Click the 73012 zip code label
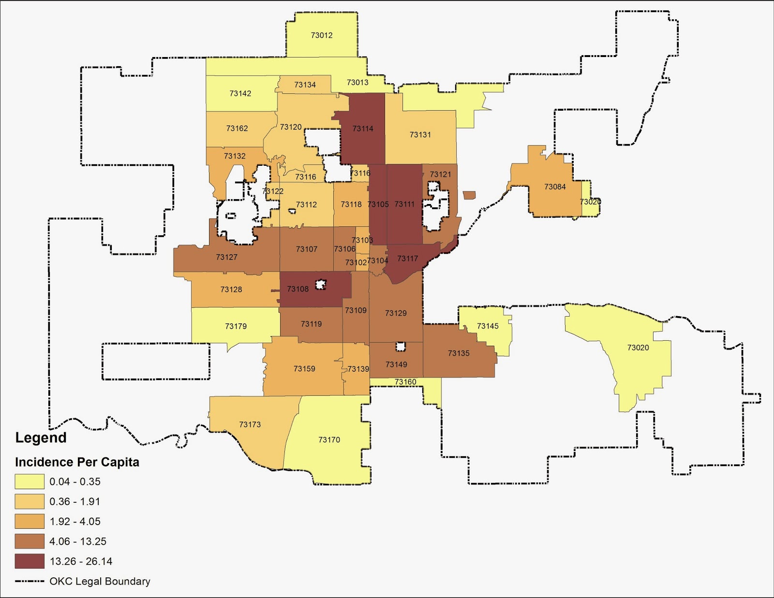[x=322, y=35]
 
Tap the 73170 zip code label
[x=329, y=439]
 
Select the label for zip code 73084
[x=555, y=187]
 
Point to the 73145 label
[x=488, y=326]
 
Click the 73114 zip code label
[x=363, y=129]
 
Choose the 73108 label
[x=298, y=289]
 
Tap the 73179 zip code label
[x=236, y=326]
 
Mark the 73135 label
[x=459, y=353]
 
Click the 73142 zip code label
[x=240, y=93]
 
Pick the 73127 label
[x=226, y=257]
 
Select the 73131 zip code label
[x=420, y=135]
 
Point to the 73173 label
[x=250, y=424]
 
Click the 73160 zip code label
[x=405, y=382]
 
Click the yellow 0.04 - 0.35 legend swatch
[x=30, y=481]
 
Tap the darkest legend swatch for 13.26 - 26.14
[x=30, y=561]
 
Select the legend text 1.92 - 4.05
[x=75, y=522]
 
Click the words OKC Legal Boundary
[x=100, y=581]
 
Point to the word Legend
[x=41, y=438]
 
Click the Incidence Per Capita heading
[x=77, y=462]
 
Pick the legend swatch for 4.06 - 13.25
[x=30, y=541]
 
